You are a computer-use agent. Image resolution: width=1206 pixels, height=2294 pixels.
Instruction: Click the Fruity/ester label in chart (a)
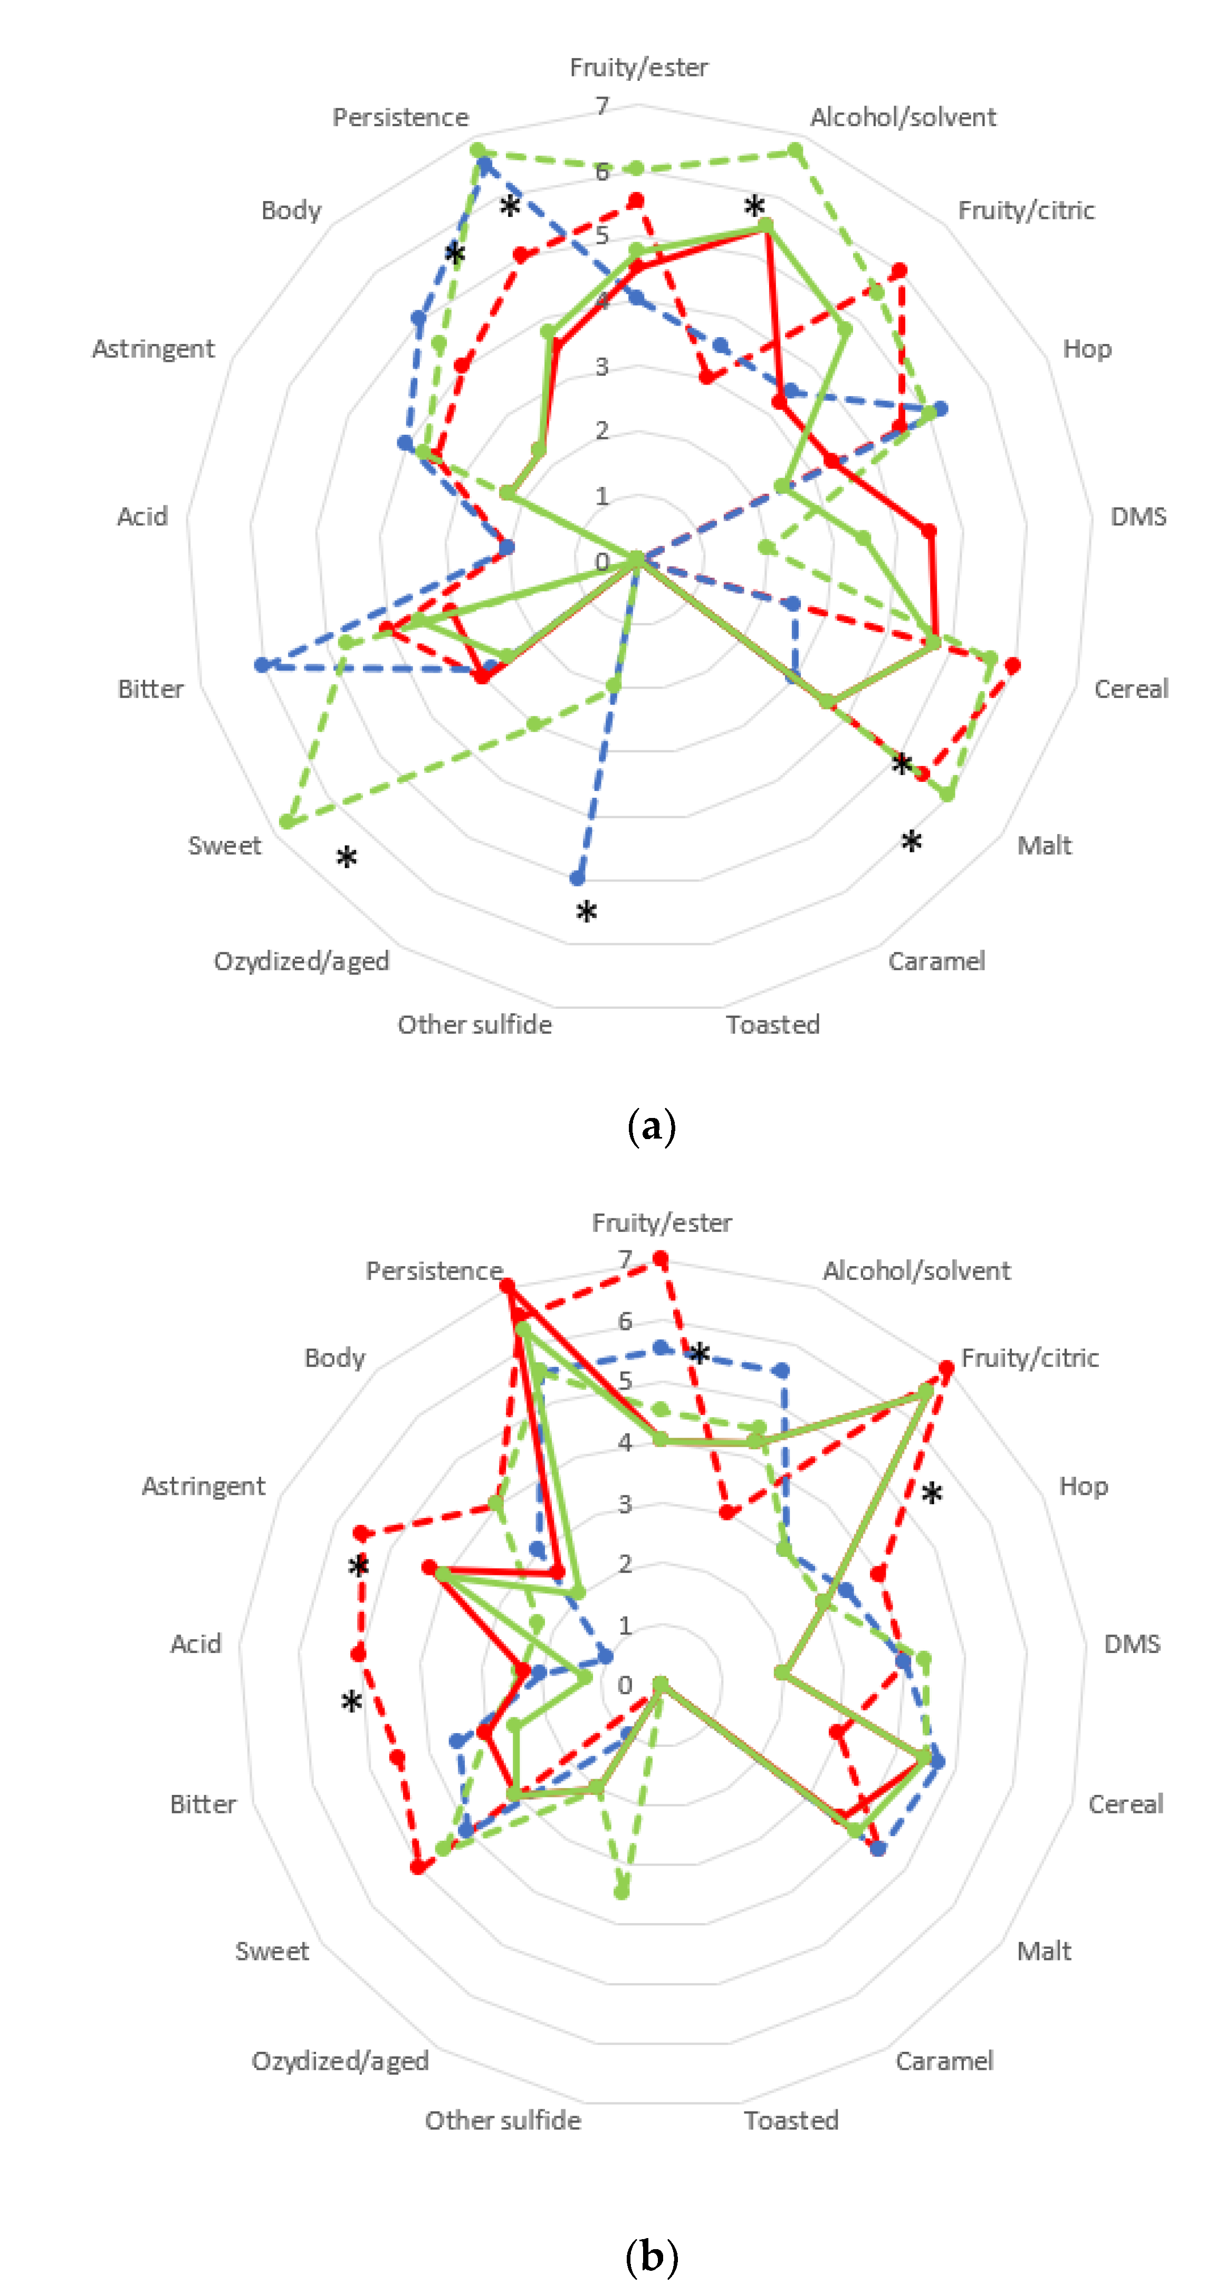[x=639, y=68]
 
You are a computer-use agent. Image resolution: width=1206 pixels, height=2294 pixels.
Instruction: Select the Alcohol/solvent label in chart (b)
[x=916, y=1271]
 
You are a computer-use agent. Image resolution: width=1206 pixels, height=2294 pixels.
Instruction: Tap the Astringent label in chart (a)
[x=153, y=349]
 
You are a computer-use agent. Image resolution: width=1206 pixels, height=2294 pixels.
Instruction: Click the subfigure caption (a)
[x=651, y=1126]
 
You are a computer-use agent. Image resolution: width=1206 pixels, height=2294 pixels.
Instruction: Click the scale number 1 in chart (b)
[x=625, y=1625]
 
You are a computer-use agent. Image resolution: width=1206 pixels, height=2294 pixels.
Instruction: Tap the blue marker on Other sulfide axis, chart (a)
[x=577, y=878]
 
